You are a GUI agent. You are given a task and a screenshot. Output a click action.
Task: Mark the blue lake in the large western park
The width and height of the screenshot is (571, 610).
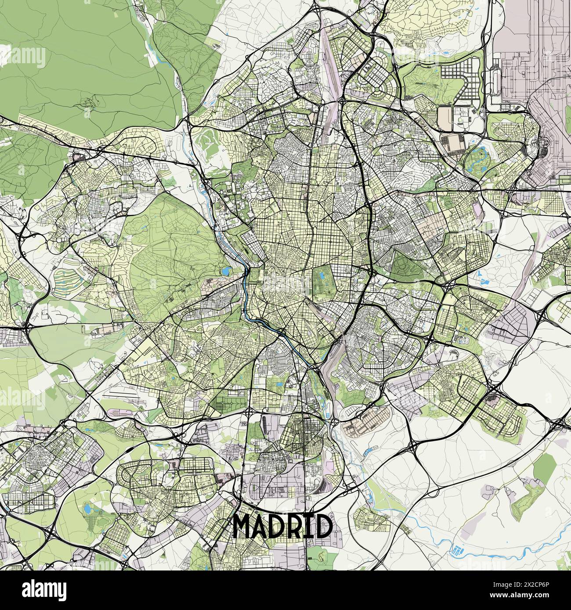point(226,272)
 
